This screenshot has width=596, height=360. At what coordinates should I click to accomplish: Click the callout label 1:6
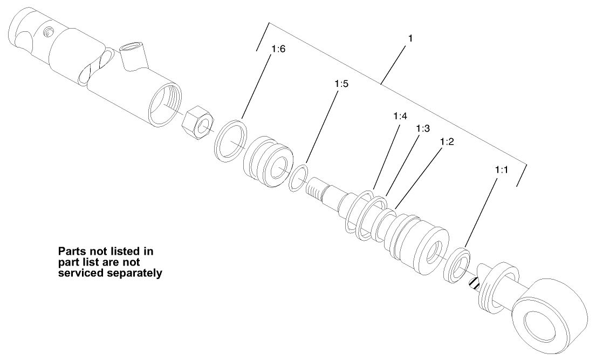point(278,49)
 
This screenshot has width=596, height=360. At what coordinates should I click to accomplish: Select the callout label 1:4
point(400,116)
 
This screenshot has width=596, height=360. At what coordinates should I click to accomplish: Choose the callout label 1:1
point(502,169)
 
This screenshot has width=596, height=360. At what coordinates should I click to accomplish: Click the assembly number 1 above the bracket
point(411,39)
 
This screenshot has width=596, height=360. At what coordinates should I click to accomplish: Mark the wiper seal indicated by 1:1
point(457,264)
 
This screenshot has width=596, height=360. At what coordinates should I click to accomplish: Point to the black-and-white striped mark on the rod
point(474,282)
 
